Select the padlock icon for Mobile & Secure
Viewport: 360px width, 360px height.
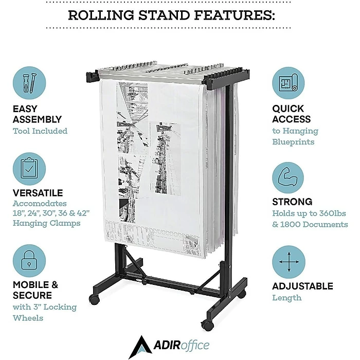click(x=30, y=260)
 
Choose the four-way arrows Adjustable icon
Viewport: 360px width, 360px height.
click(x=288, y=261)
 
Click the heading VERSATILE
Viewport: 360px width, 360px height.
click(x=38, y=193)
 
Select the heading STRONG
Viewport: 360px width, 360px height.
click(x=292, y=202)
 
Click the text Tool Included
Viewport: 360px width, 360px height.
click(x=40, y=131)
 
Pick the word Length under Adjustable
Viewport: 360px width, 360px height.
click(x=287, y=298)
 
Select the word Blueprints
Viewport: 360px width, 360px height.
click(x=293, y=141)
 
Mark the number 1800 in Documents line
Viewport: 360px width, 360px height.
click(x=292, y=225)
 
